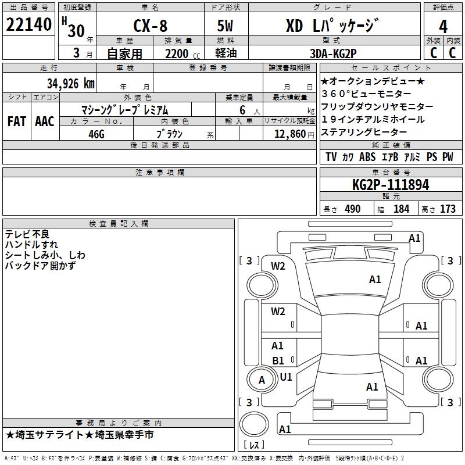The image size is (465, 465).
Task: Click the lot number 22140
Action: pyautogui.click(x=29, y=26)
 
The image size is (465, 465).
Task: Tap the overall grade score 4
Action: pyautogui.click(x=443, y=27)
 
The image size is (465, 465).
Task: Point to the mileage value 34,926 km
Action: pyautogui.click(x=70, y=84)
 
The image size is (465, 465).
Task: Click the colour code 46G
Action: pyautogui.click(x=96, y=133)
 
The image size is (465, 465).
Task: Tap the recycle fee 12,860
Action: pyautogui.click(x=288, y=134)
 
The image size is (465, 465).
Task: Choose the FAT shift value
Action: pyautogui.click(x=16, y=121)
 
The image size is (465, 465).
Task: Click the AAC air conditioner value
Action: pyautogui.click(x=44, y=121)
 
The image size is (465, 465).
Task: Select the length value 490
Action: pyautogui.click(x=353, y=209)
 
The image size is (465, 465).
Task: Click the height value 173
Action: pyautogui.click(x=448, y=209)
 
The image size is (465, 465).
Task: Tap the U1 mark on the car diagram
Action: pyautogui.click(x=286, y=377)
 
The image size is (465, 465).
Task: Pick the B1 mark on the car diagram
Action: pyautogui.click(x=278, y=361)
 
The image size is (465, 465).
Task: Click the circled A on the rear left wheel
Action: pyautogui.click(x=262, y=380)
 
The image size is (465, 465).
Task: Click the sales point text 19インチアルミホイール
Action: pyautogui.click(x=373, y=120)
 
